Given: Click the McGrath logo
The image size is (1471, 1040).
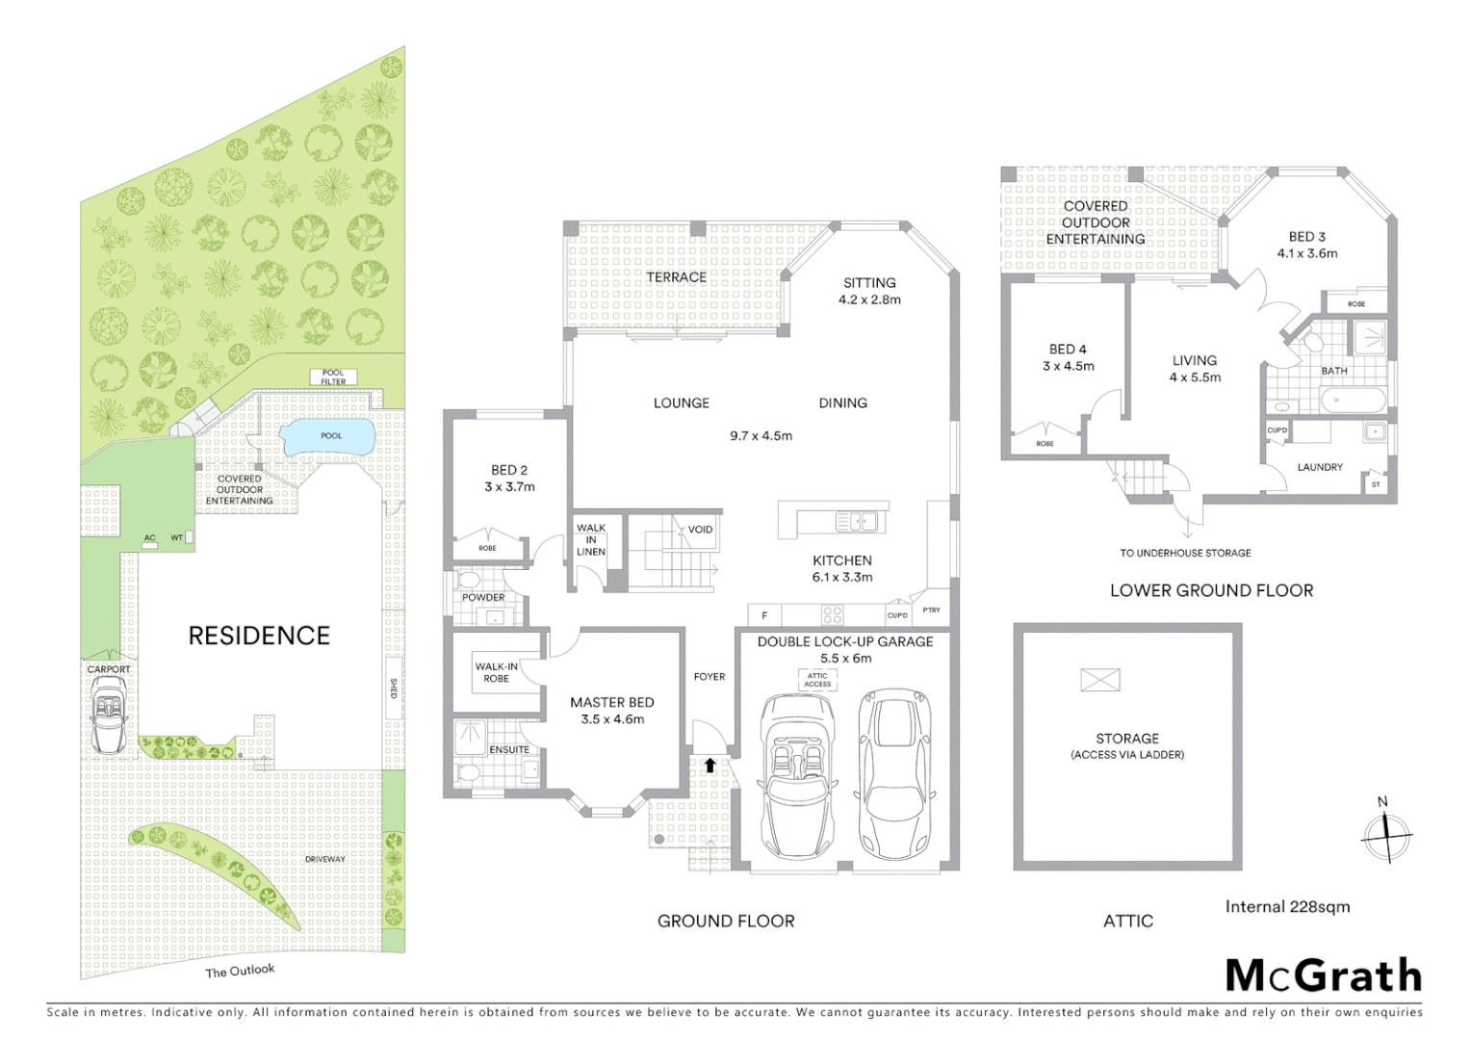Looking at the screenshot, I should pos(1323,975).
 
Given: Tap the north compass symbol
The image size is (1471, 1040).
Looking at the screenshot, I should pos(1386,834).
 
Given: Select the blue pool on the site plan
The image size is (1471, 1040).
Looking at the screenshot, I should pos(327,437).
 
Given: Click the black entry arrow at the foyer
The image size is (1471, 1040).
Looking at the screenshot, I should pos(710,766).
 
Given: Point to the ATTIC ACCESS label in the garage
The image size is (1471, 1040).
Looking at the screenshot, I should pos(817,680).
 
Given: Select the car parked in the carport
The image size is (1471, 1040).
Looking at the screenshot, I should pos(108,715).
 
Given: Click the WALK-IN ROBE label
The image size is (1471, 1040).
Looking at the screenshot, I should pos(496,672).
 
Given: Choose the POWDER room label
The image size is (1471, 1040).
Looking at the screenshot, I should pos(483,597).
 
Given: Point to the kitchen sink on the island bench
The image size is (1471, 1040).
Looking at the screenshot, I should pos(856,522).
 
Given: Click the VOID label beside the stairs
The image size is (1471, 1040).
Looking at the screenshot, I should pos(700,530).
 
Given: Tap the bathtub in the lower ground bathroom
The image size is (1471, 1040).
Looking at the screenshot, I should pos(1353,400).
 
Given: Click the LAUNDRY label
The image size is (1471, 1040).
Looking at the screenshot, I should pos(1319,467).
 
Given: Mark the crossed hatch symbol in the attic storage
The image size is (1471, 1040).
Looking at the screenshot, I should pos(1099,680).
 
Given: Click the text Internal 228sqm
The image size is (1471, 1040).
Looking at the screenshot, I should pos(1287,906).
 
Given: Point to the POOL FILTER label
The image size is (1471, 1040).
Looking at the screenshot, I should pos(333,377).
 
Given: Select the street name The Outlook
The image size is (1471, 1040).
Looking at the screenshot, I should pos(240,971).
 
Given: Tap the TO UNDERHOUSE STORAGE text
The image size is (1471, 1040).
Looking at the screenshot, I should pos(1185,553).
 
